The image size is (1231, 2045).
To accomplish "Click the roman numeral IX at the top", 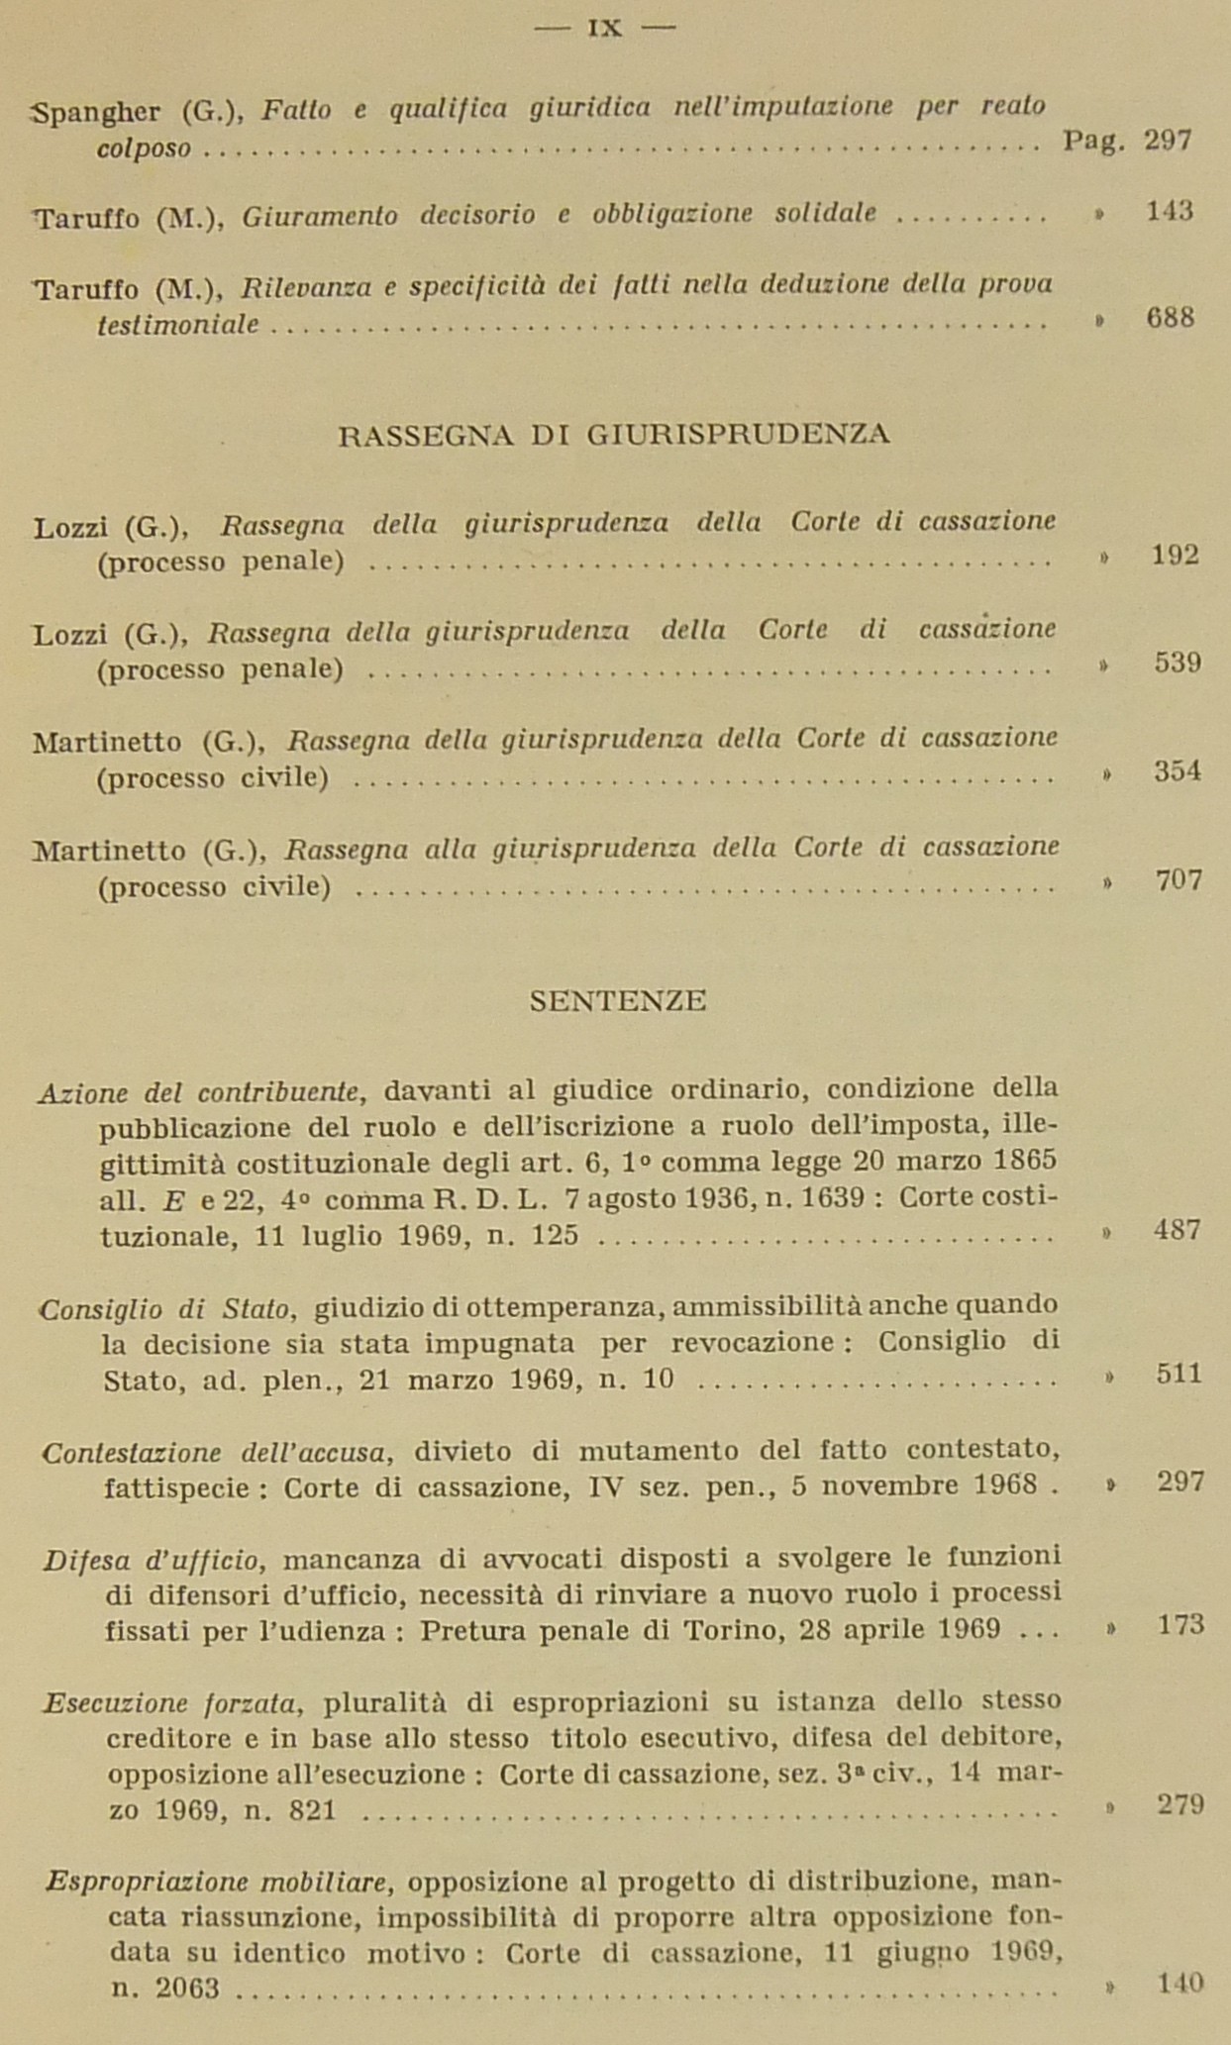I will (x=604, y=28).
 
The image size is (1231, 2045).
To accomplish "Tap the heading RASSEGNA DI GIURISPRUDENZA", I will (x=614, y=435).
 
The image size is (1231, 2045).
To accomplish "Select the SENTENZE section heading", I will (x=618, y=1001).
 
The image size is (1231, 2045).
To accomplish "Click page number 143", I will (x=1169, y=211).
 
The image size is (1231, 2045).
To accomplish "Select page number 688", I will (x=1170, y=318).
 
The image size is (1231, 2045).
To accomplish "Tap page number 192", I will (x=1176, y=555).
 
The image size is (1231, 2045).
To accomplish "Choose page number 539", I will (x=1178, y=663).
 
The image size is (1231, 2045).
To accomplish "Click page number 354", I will (x=1178, y=770).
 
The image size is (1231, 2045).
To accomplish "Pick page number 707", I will (x=1179, y=879).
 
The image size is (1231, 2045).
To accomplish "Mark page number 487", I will (x=1178, y=1230).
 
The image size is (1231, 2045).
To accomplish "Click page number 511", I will (x=1179, y=1374).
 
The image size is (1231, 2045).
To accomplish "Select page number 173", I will (x=1180, y=1624).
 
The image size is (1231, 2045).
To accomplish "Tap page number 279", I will (x=1180, y=1804).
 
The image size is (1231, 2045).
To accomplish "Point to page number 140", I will (x=1180, y=1983).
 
